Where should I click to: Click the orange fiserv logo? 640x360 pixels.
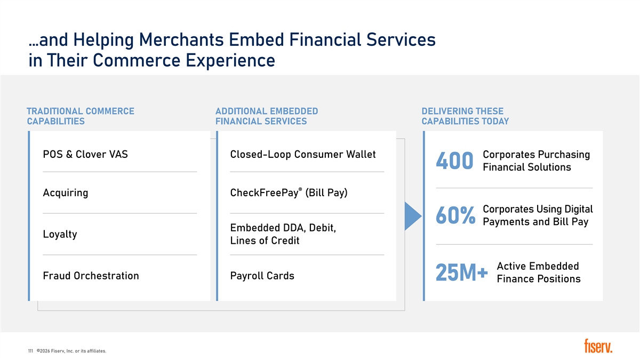(598, 346)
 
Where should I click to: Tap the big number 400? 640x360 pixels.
(454, 161)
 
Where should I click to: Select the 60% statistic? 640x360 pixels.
(455, 215)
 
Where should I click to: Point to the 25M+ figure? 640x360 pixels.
(462, 273)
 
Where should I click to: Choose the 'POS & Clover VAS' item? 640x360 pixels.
(85, 154)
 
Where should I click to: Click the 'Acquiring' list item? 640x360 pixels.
(66, 193)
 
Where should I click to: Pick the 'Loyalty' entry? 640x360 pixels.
(60, 234)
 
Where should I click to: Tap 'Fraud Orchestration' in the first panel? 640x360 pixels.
(91, 276)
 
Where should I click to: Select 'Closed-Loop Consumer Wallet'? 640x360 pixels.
(303, 154)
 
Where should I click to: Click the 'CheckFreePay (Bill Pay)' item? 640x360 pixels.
(289, 193)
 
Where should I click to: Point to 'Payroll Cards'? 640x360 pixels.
(262, 276)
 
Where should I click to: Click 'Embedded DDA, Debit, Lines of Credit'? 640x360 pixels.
(283, 234)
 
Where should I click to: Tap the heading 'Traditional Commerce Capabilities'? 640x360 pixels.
(81, 116)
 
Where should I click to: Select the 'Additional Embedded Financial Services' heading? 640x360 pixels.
(267, 116)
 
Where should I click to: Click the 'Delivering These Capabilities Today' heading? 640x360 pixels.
(465, 116)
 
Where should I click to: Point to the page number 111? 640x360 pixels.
(30, 351)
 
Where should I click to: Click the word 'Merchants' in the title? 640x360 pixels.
(181, 39)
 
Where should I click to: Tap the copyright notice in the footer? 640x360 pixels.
(71, 351)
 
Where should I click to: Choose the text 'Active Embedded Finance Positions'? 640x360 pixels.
(539, 273)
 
